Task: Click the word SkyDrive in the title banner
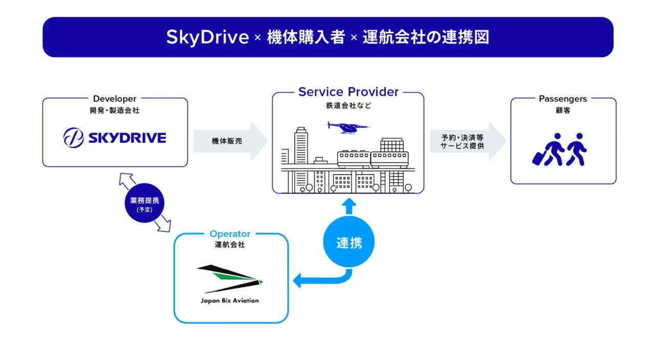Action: pos(207,37)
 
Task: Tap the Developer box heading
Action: pos(115,99)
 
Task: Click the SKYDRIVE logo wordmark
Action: pos(127,138)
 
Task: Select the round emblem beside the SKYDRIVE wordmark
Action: pos(73,138)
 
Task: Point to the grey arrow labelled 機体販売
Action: pos(230,141)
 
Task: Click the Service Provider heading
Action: pos(348,92)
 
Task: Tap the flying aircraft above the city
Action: pos(348,128)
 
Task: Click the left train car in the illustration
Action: pos(354,159)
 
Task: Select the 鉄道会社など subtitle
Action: pos(348,105)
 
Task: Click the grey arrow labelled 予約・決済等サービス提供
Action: pos(468,141)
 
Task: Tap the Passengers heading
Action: pos(563,99)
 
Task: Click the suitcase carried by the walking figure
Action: pos(539,158)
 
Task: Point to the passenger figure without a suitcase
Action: pos(576,150)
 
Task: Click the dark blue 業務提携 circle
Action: pos(144,203)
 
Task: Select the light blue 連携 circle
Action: pos(349,242)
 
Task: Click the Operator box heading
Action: pos(230,234)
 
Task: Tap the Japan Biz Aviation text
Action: pos(230,301)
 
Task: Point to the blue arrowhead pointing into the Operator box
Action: pos(297,281)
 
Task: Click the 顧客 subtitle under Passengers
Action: pos(563,111)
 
